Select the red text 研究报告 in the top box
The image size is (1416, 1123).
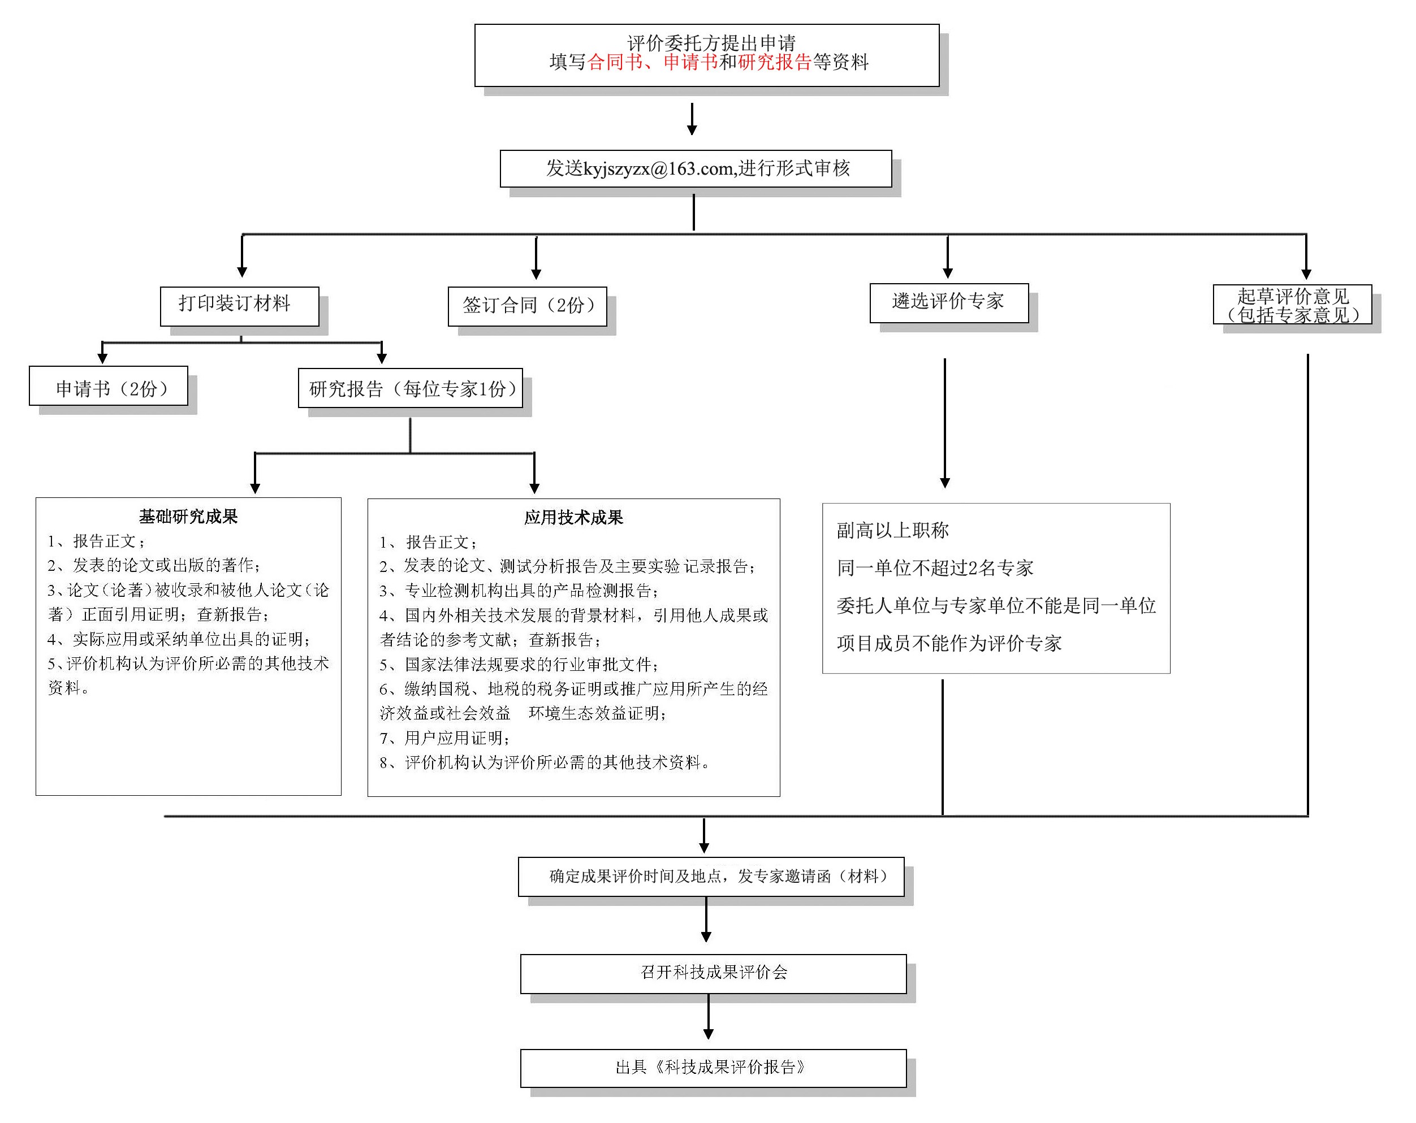(x=774, y=62)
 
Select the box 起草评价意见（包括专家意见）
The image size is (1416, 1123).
(x=1292, y=305)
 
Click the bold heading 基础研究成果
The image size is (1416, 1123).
(x=188, y=517)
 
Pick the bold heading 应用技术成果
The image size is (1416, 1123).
(x=573, y=518)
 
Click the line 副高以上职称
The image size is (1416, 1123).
(x=892, y=530)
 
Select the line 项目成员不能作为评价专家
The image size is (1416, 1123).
(x=948, y=643)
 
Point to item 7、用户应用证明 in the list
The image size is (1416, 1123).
(x=444, y=738)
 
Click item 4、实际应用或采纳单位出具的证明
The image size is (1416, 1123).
(x=179, y=639)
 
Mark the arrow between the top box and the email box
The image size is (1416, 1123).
(x=692, y=119)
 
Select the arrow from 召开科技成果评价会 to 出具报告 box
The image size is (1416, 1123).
(x=708, y=1016)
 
